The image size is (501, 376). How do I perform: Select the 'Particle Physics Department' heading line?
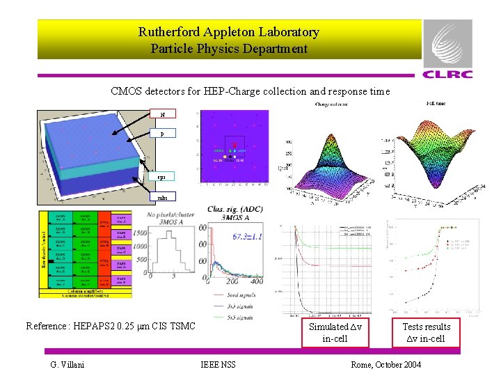229,49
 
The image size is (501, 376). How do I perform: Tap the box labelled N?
163,113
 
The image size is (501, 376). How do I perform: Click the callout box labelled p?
162,133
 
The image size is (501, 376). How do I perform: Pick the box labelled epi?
161,178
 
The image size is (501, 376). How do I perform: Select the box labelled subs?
161,197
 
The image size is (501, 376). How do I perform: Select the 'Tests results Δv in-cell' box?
427,333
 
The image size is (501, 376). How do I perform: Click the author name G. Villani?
67,365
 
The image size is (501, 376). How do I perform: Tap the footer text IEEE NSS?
218,365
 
